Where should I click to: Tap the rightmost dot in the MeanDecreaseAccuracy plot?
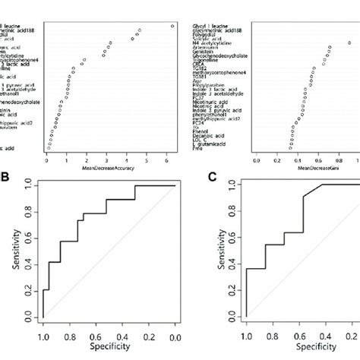tap(172, 27)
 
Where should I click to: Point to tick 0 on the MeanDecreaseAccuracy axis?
tap(47, 159)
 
